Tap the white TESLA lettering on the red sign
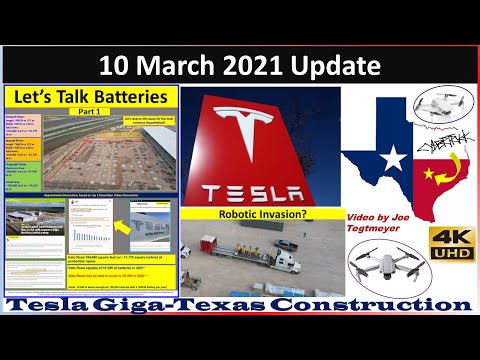[x=261, y=191]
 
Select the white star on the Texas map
[x=393, y=158]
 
